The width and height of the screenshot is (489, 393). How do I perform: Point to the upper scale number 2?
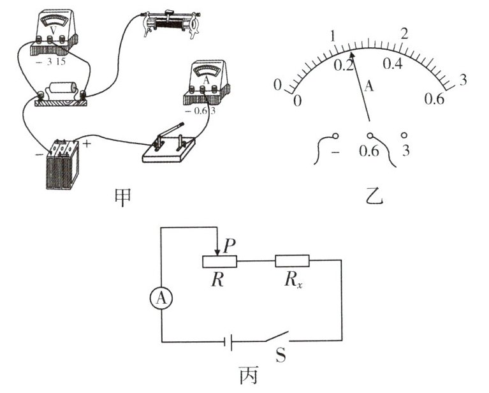[404, 33]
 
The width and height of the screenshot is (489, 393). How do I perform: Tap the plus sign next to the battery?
[87, 144]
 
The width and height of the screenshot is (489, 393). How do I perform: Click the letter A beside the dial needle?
[368, 87]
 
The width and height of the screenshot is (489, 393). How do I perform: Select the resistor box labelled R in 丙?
[219, 260]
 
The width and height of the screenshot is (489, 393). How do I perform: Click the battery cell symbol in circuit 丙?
[228, 342]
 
